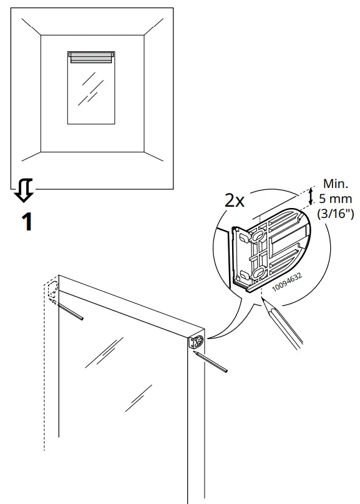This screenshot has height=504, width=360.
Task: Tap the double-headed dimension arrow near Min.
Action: click(x=309, y=198)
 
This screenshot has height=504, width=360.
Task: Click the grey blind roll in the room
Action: click(x=91, y=57)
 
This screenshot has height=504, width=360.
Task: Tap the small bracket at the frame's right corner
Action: click(x=195, y=342)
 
